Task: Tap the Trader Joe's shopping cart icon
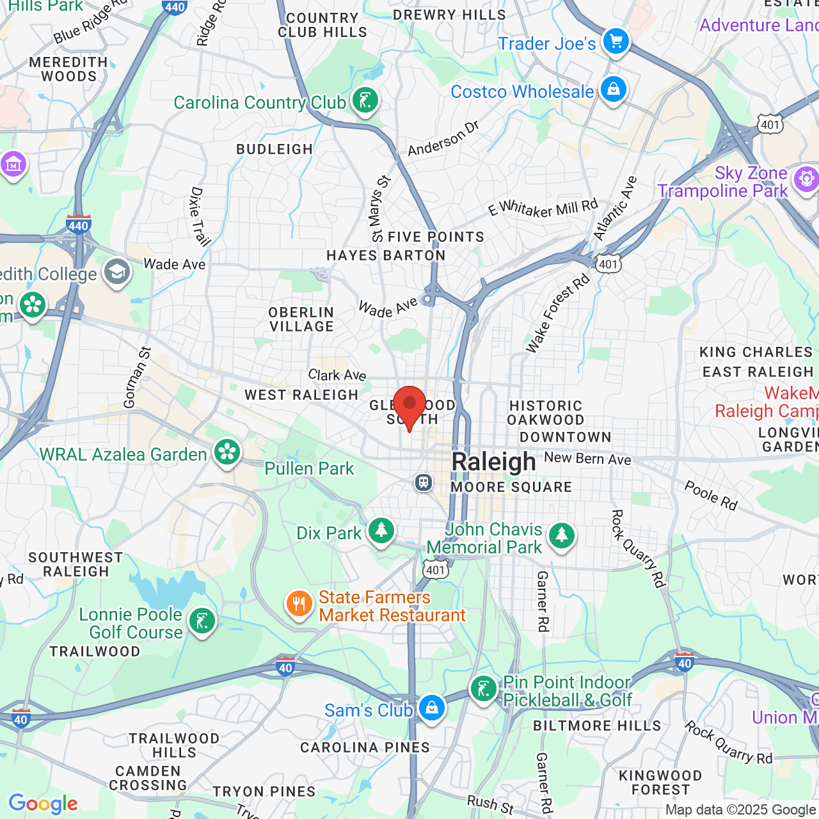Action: tap(616, 42)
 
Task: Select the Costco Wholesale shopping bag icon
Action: tap(613, 90)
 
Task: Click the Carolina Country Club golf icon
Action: tap(365, 101)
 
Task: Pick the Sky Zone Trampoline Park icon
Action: tap(806, 179)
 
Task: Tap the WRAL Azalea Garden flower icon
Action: tap(227, 452)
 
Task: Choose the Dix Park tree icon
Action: tap(381, 531)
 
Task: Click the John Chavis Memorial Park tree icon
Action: tap(561, 536)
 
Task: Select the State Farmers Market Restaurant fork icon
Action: tap(299, 604)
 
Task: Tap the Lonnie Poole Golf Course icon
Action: tap(202, 621)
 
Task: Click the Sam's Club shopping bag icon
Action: tap(432, 709)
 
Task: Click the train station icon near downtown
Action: tap(424, 482)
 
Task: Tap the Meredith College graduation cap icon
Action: tap(117, 273)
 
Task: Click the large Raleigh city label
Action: tap(493, 461)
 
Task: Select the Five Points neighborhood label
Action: tap(436, 237)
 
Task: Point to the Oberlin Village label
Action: tap(301, 319)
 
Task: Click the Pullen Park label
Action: tap(309, 468)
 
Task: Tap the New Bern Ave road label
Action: tap(587, 458)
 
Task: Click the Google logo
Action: tap(43, 804)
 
